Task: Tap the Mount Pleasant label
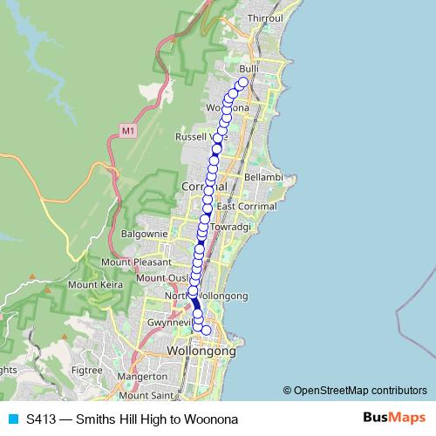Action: (133, 262)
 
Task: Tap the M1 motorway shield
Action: (128, 131)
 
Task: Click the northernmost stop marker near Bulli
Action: (243, 83)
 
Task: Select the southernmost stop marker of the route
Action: (207, 330)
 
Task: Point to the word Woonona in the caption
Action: (207, 419)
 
